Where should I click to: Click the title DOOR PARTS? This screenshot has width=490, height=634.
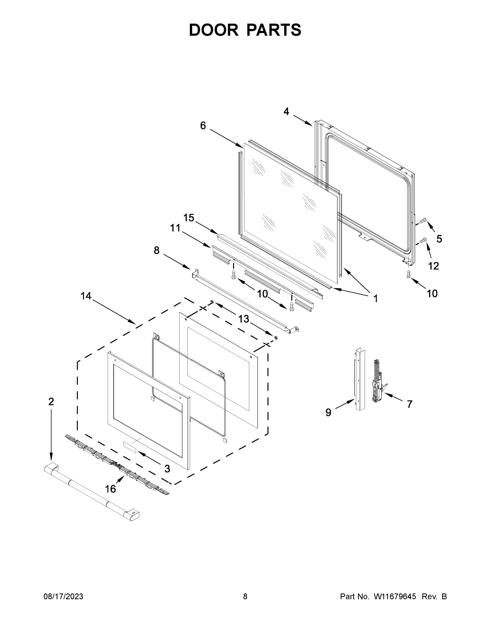tap(245, 30)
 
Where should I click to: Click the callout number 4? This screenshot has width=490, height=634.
tap(286, 111)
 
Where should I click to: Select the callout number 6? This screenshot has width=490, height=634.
tap(203, 126)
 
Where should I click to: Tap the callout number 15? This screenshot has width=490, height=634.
tap(189, 218)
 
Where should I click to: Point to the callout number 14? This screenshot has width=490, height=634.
tap(86, 296)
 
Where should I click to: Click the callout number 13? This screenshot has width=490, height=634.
tap(244, 319)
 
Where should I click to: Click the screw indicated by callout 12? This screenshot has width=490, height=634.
tap(423, 240)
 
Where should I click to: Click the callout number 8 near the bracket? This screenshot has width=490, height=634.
tap(156, 250)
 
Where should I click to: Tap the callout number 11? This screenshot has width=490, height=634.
tap(175, 228)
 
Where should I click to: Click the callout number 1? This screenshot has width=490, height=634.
tap(375, 299)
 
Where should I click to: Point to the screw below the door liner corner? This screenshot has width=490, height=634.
tap(408, 274)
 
